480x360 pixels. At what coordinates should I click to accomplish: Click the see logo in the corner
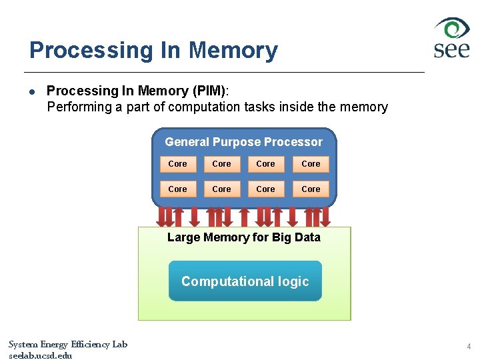click(x=452, y=38)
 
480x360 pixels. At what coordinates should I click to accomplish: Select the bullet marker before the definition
click(x=32, y=91)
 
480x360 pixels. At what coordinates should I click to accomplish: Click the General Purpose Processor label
click(x=243, y=142)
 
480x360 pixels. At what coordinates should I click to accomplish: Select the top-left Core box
click(x=177, y=164)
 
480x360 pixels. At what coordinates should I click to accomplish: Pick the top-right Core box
click(x=311, y=164)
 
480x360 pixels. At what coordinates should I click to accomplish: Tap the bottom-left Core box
click(x=177, y=189)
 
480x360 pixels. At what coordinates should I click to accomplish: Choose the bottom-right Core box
click(x=311, y=189)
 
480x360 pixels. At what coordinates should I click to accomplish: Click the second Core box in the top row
click(x=221, y=164)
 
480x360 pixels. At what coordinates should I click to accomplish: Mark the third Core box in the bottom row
click(x=265, y=189)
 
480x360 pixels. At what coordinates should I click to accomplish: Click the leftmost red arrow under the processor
click(x=161, y=216)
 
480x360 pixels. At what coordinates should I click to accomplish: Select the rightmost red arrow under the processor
click(x=327, y=216)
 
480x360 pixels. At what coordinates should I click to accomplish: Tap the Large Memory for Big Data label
click(x=243, y=237)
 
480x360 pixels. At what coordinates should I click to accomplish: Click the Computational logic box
click(x=245, y=281)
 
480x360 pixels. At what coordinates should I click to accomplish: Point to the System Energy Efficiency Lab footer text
click(x=67, y=345)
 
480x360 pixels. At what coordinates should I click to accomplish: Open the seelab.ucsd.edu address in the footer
click(x=40, y=355)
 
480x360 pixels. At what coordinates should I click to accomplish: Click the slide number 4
click(x=468, y=347)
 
